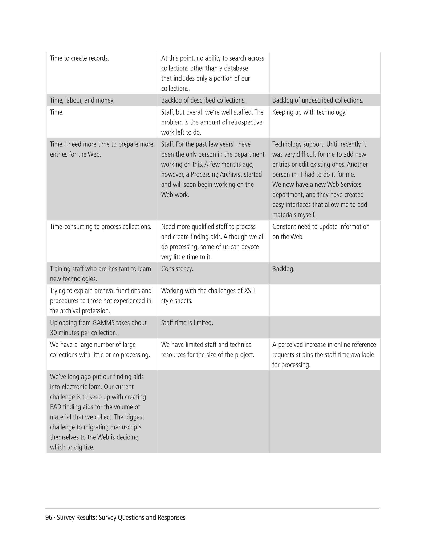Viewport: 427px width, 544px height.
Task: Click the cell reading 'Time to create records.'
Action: tap(80, 58)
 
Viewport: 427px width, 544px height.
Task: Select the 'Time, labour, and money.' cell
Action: tap(82, 100)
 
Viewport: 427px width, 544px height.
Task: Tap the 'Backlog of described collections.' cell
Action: tap(203, 100)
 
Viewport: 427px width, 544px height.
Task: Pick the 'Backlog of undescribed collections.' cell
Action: tap(318, 100)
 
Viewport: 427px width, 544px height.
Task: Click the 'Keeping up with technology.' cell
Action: tap(309, 112)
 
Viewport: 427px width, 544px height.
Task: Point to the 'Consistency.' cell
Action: tap(177, 269)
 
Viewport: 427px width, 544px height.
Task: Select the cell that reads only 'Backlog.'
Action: tap(283, 269)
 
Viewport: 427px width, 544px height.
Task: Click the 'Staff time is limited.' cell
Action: tap(187, 323)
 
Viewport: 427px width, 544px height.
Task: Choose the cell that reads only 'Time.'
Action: tap(57, 112)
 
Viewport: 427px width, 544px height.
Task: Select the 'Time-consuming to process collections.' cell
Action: tap(101, 227)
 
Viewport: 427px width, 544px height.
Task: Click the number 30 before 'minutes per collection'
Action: tap(53, 333)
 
